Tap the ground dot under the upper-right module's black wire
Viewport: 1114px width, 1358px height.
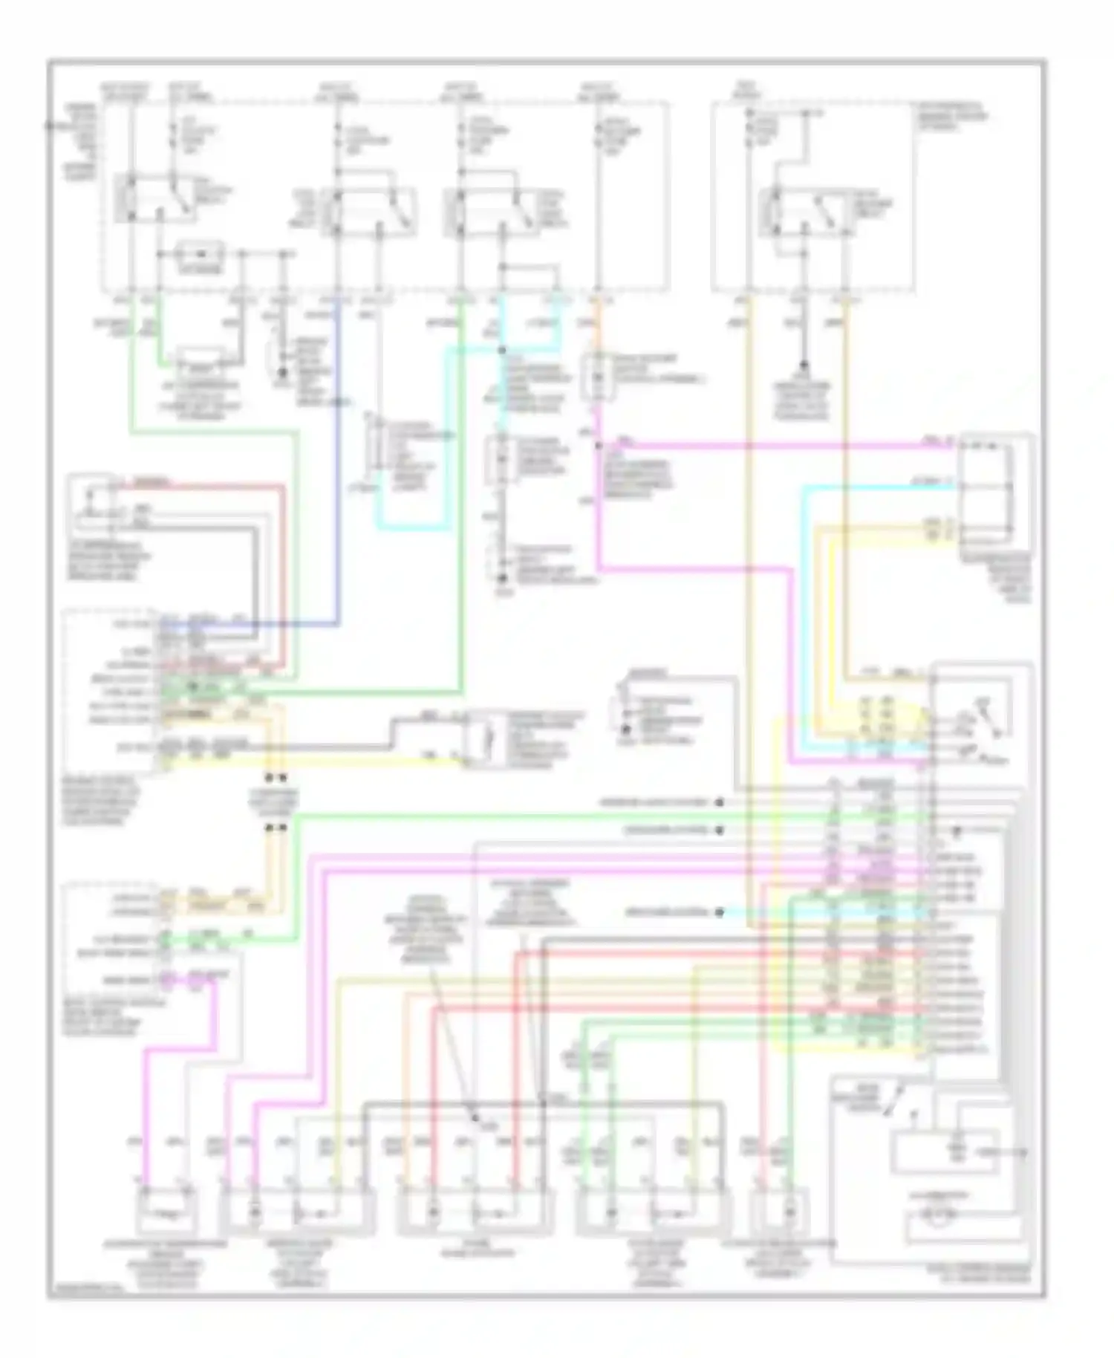802,366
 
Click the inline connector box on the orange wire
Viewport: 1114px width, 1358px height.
598,377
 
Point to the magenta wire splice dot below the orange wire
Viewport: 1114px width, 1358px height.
598,446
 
